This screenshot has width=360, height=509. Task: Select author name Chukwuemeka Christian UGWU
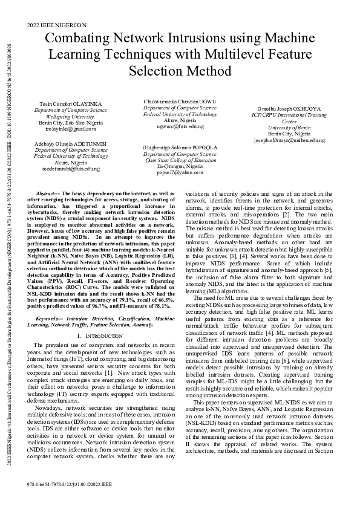pos(180,102)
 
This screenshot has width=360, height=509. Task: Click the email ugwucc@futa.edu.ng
pos(180,126)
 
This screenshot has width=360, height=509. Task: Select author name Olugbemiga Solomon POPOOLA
pos(180,147)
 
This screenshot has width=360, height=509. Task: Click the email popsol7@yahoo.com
pos(180,172)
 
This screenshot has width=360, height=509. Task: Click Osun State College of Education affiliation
pos(180,160)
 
